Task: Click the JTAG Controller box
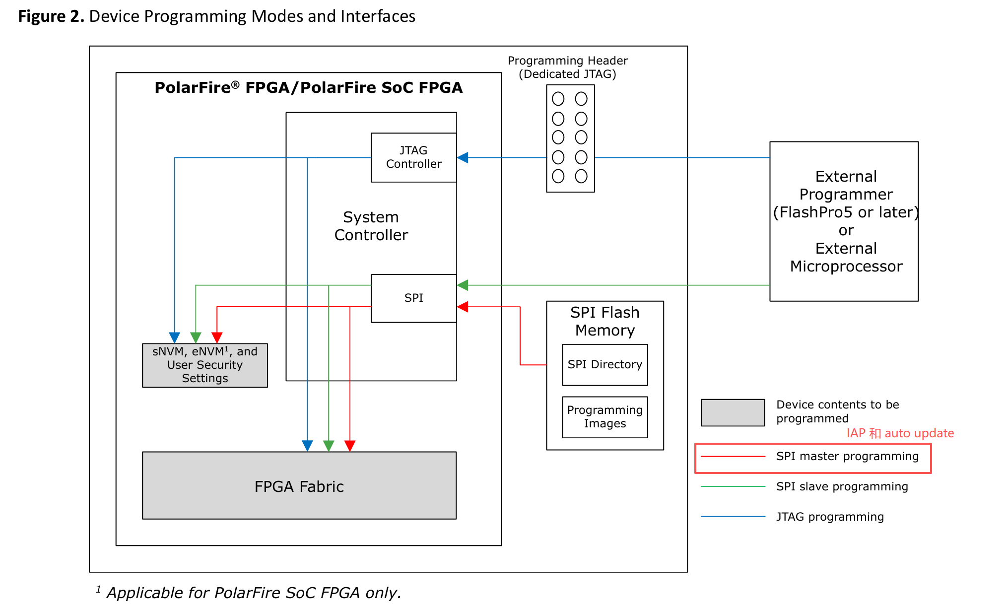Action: [x=413, y=157]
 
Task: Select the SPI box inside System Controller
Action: [x=413, y=298]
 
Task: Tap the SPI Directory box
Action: [x=604, y=364]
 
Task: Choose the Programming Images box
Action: [x=604, y=417]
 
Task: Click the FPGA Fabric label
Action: [x=299, y=486]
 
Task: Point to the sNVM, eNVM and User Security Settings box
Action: [x=204, y=365]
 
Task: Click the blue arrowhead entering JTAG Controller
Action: [x=463, y=158]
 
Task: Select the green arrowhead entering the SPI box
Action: [x=463, y=285]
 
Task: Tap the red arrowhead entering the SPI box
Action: [x=463, y=307]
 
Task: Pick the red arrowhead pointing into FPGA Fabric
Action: [x=350, y=445]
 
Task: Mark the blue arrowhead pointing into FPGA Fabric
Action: [x=307, y=445]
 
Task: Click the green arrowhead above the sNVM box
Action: [x=196, y=338]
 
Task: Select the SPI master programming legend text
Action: [x=847, y=456]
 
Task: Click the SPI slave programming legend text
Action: [x=842, y=486]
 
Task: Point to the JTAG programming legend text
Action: [x=830, y=517]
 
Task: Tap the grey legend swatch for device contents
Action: [x=733, y=412]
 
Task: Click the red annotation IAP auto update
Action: [x=900, y=433]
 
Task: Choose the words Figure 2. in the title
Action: [x=51, y=16]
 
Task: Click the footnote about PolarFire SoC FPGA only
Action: [x=253, y=593]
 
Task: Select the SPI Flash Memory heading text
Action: [x=604, y=321]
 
